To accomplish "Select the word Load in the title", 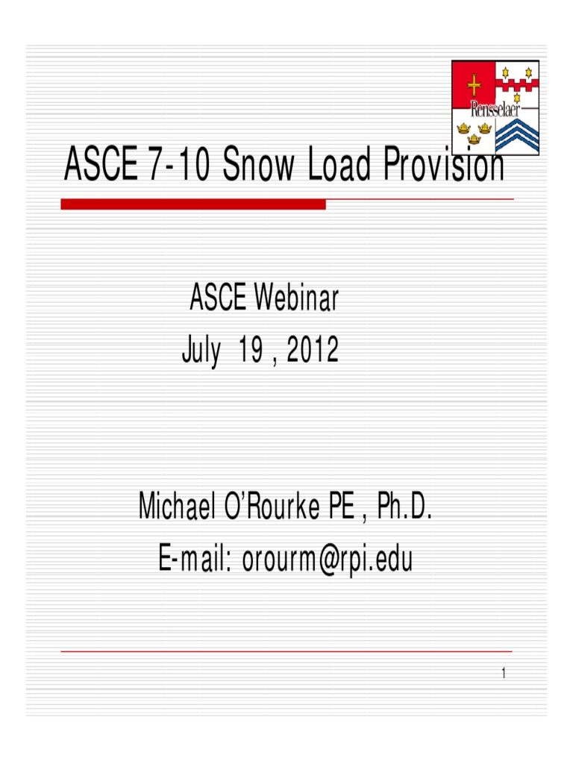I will pyautogui.click(x=339, y=166).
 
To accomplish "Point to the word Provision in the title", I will pyautogui.click(x=444, y=166).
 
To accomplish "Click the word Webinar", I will pyautogui.click(x=296, y=299).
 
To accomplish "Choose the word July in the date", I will pyautogui.click(x=201, y=351).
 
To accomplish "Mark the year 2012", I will pyautogui.click(x=311, y=351).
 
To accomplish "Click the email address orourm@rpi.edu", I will pyautogui.click(x=327, y=559).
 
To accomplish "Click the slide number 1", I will pyautogui.click(x=504, y=674).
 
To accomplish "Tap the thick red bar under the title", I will pyautogui.click(x=193, y=204).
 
